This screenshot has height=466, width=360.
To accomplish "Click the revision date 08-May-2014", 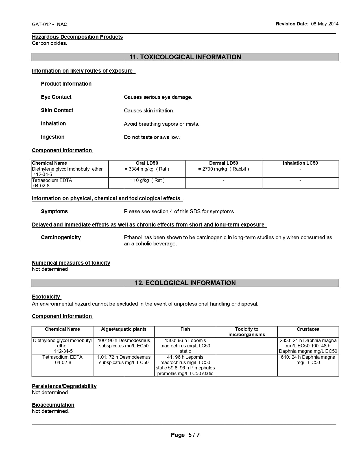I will (325, 24).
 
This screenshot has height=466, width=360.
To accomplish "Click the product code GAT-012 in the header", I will (41, 24).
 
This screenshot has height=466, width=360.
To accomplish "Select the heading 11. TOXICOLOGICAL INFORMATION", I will (185, 57).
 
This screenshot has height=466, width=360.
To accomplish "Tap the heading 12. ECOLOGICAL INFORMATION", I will (185, 283).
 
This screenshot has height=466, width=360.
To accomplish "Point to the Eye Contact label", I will (56, 97).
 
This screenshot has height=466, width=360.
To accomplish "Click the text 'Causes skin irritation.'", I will (149, 111).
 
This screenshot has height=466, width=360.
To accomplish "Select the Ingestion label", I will (53, 137).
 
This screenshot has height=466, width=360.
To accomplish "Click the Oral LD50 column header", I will (147, 163).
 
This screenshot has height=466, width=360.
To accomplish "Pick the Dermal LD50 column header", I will (224, 163).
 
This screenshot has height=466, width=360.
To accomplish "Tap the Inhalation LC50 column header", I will (300, 163).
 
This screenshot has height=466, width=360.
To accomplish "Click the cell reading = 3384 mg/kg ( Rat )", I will (147, 169).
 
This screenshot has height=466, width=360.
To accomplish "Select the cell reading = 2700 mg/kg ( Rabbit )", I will (224, 169).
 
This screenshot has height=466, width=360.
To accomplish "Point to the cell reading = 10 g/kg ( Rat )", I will (147, 180).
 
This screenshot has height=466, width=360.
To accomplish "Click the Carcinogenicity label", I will (61, 238).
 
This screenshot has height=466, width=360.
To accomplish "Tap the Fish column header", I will (185, 329).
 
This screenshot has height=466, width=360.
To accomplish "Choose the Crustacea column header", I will (308, 329).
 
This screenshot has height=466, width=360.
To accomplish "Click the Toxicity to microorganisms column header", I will (247, 332).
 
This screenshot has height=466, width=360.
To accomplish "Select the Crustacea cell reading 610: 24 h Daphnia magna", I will (308, 360).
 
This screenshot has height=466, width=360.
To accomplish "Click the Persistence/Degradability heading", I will (64, 386).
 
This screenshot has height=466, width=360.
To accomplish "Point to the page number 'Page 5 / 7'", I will (185, 435).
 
